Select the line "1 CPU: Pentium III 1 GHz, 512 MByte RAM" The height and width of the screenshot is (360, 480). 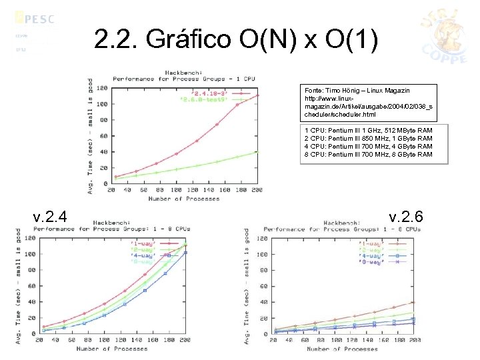coord(368,131)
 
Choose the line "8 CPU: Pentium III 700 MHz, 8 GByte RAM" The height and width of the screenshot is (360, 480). coord(368,155)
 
